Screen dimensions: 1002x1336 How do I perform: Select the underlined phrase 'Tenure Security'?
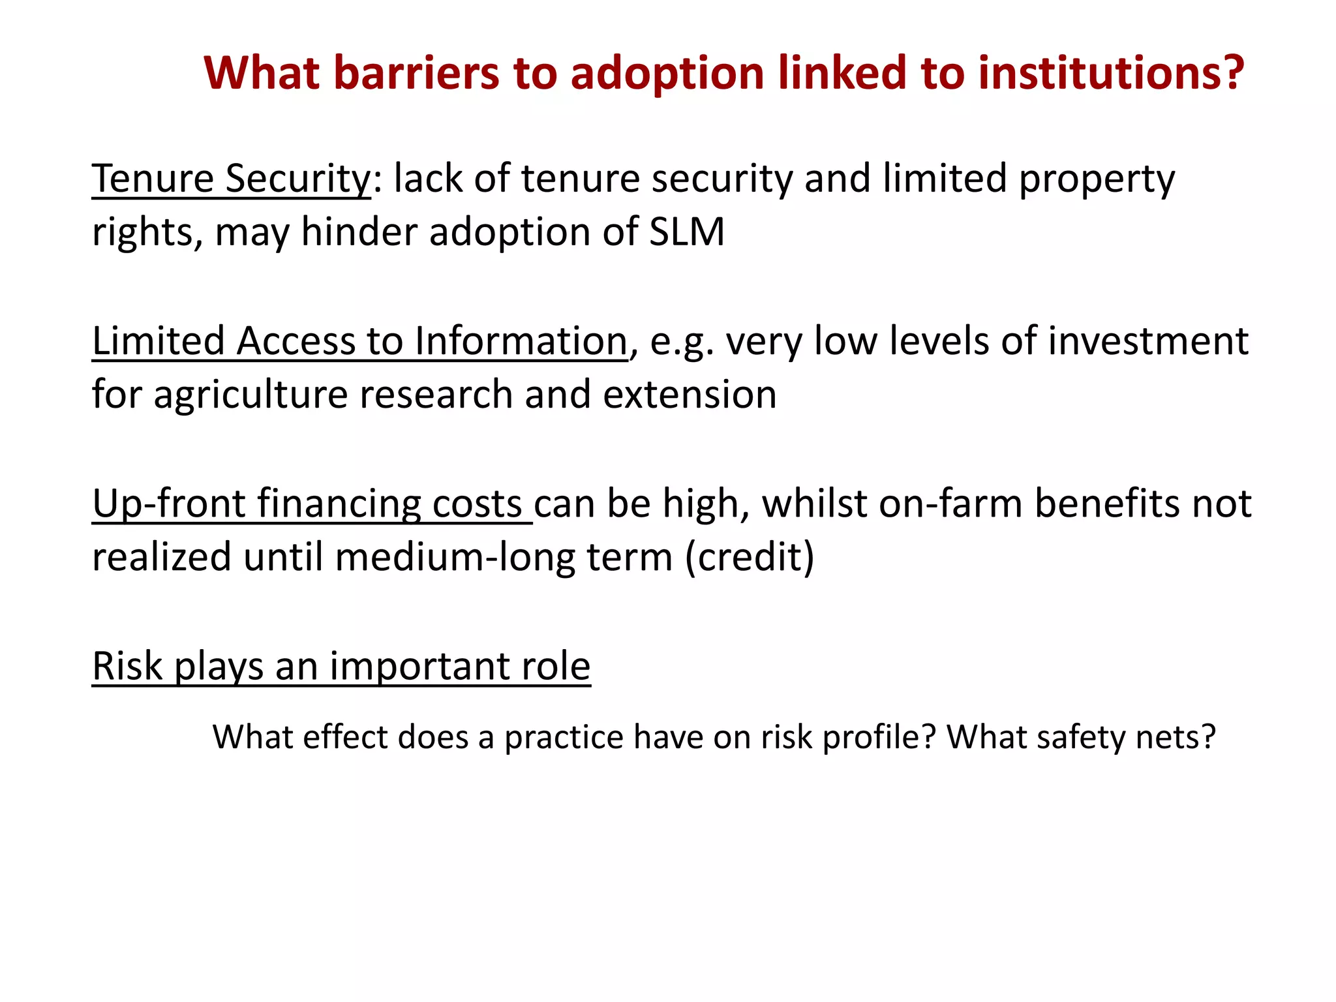click(231, 178)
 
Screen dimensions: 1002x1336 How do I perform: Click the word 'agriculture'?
click(250, 395)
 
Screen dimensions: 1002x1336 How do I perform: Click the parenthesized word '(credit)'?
click(750, 558)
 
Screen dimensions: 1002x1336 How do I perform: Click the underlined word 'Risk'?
click(127, 666)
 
